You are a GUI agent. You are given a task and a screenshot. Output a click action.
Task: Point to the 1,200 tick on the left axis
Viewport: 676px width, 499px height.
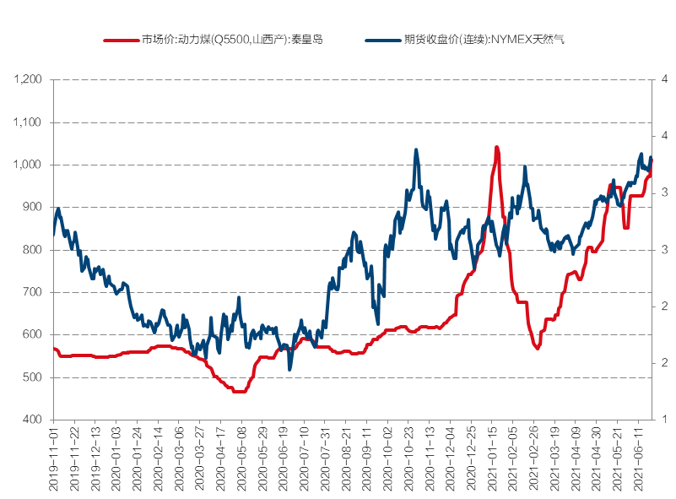(x=29, y=79)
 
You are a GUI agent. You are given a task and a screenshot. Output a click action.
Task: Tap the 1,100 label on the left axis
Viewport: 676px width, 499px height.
(x=29, y=122)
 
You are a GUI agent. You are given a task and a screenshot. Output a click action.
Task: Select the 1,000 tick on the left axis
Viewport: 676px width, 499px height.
(x=29, y=165)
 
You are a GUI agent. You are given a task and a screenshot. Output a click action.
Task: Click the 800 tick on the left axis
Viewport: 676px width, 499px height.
(x=34, y=250)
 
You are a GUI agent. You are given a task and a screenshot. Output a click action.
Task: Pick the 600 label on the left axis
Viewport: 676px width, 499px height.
(x=34, y=335)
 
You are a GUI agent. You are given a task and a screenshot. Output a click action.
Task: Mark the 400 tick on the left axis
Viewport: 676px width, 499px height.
(x=34, y=420)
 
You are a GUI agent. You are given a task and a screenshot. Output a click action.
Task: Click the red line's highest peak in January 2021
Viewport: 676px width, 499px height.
(x=496, y=148)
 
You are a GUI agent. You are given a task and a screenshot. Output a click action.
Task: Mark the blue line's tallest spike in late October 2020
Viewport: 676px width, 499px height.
(x=416, y=150)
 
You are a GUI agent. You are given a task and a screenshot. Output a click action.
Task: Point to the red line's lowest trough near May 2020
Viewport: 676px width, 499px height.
(x=240, y=392)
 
